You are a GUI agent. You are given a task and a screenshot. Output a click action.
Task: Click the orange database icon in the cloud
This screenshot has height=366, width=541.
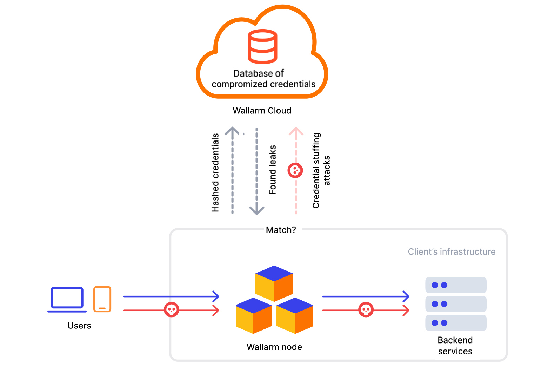[262, 46]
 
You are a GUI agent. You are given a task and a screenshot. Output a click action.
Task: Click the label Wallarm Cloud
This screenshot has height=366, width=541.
[262, 111]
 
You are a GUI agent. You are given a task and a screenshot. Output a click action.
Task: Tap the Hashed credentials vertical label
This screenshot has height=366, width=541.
[215, 173]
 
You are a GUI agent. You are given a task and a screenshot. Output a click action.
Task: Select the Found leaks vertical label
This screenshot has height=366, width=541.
[273, 170]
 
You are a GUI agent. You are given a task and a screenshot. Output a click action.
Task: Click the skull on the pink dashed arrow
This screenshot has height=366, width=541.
[295, 170]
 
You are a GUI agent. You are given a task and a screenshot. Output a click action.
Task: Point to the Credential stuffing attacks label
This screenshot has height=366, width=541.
[321, 170]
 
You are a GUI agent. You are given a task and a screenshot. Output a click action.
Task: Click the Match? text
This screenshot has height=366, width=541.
[281, 230]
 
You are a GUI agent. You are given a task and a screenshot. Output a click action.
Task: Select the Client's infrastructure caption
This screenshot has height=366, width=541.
[452, 252]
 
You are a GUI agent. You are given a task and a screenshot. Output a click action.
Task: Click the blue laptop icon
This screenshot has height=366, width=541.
[67, 299]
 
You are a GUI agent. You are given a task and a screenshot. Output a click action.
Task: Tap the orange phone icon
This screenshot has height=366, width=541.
[102, 299]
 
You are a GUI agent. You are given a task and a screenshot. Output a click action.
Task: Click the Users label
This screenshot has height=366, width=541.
[79, 326]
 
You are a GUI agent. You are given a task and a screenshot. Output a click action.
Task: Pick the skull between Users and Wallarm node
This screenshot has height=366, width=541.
[172, 310]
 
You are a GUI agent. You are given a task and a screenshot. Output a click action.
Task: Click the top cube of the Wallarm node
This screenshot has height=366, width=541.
[274, 283]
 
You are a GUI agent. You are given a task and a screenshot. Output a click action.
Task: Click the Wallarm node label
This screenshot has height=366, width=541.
[274, 347]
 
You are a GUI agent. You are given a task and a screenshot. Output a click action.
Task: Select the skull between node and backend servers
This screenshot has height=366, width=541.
[366, 310]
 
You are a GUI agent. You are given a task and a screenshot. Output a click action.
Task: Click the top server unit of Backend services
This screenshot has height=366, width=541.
[456, 285]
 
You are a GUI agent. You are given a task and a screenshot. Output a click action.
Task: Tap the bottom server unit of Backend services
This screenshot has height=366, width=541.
[456, 323]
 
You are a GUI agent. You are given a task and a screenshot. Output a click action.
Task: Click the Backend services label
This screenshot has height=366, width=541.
[455, 346]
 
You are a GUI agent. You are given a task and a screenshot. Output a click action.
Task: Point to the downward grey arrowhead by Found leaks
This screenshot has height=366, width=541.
[256, 210]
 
